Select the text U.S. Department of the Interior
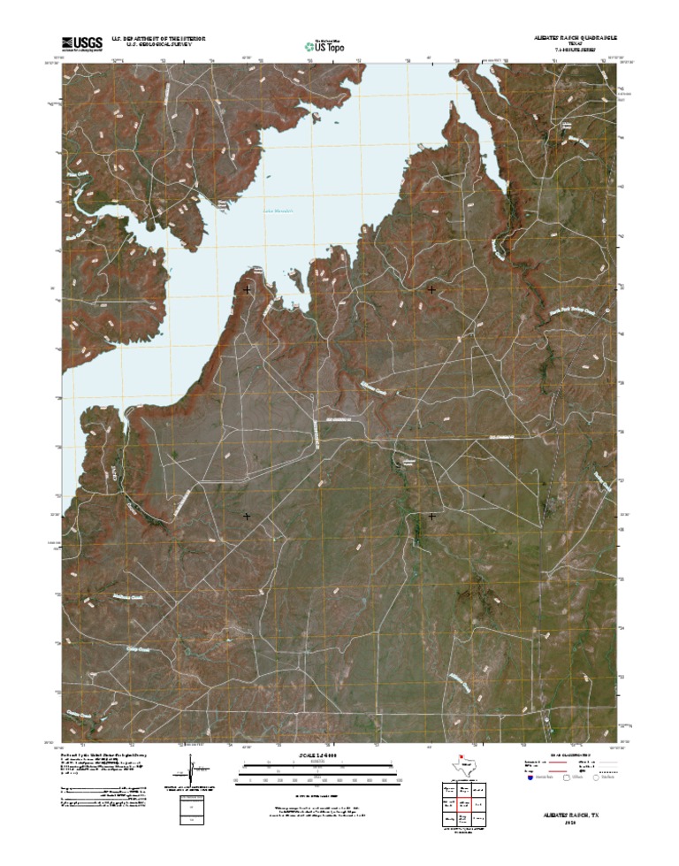click(158, 39)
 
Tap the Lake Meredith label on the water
click(278, 211)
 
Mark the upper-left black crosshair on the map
click(247, 289)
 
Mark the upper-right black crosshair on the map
click(431, 289)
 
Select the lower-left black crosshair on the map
click(247, 515)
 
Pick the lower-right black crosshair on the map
click(431, 515)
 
